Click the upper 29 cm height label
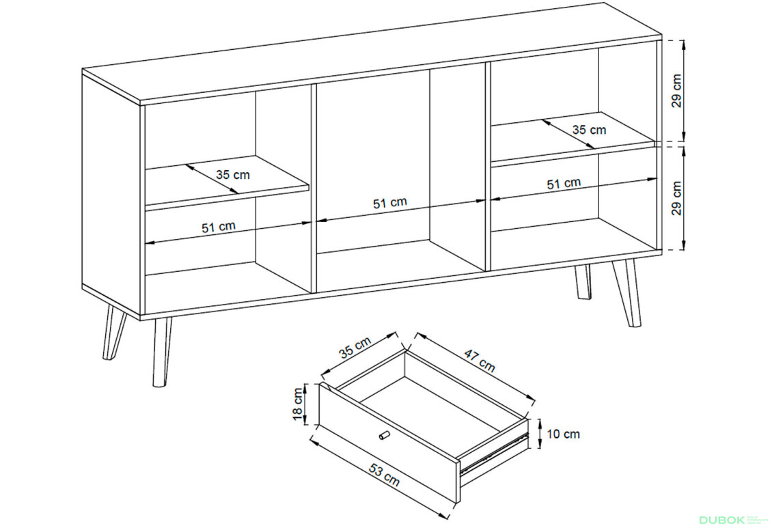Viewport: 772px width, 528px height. point(677,91)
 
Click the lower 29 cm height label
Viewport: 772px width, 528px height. point(677,198)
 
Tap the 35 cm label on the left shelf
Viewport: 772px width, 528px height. point(233,175)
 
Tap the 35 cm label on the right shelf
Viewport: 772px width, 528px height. point(589,130)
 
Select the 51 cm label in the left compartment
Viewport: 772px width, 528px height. point(219,227)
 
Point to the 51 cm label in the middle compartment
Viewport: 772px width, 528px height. point(390,203)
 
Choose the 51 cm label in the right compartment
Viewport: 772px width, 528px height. point(564,184)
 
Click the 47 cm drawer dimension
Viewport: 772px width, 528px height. point(480,360)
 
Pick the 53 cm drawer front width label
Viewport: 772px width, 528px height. point(385,476)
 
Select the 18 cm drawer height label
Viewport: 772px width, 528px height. point(298,404)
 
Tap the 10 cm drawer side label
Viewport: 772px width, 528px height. point(563,434)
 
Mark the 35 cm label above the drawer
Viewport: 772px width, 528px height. point(355,348)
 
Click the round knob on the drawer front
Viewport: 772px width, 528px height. point(384,436)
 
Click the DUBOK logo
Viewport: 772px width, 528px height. point(721,520)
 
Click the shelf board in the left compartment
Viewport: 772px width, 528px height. point(227,182)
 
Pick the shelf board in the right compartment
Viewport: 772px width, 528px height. point(574,138)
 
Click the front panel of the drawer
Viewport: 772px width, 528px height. point(389,443)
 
